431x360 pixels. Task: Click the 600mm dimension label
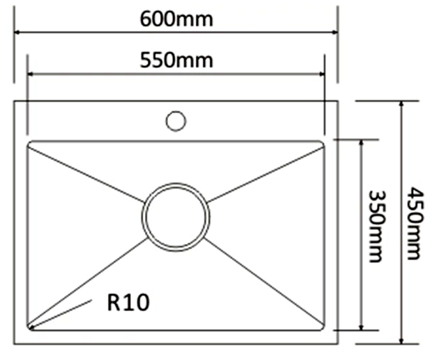coord(177,19)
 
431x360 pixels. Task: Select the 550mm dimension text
coord(177,60)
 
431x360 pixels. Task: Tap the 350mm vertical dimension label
coord(378,226)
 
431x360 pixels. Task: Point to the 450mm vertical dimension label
coord(415,223)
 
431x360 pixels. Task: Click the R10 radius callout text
coord(128,302)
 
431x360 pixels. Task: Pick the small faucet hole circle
coord(176,121)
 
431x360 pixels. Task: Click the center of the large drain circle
coord(176,217)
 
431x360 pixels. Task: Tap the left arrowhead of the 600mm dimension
coord(17,32)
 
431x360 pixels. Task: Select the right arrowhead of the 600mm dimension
coord(335,32)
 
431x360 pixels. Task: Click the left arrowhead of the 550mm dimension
coord(30,74)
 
